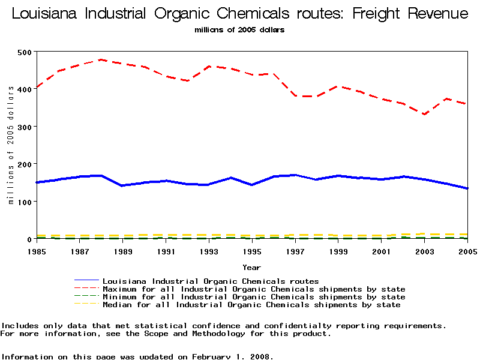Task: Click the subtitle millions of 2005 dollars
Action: [x=239, y=30]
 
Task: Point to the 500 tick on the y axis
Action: [x=25, y=52]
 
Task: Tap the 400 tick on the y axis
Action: [x=25, y=89]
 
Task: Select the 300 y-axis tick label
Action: [x=25, y=127]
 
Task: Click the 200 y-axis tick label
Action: [x=25, y=164]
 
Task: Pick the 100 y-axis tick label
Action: [x=25, y=202]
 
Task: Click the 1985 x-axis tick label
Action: [x=37, y=251]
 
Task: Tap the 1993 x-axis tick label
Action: [x=209, y=251]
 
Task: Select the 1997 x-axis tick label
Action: [x=296, y=251]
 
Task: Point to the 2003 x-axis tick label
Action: [x=425, y=251]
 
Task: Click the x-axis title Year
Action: [x=251, y=267]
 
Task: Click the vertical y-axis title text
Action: [x=11, y=145]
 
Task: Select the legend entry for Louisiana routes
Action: [x=211, y=281]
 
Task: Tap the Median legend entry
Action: [x=251, y=305]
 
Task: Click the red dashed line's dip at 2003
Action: [x=424, y=114]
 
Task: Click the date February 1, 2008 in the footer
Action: [x=232, y=356]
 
